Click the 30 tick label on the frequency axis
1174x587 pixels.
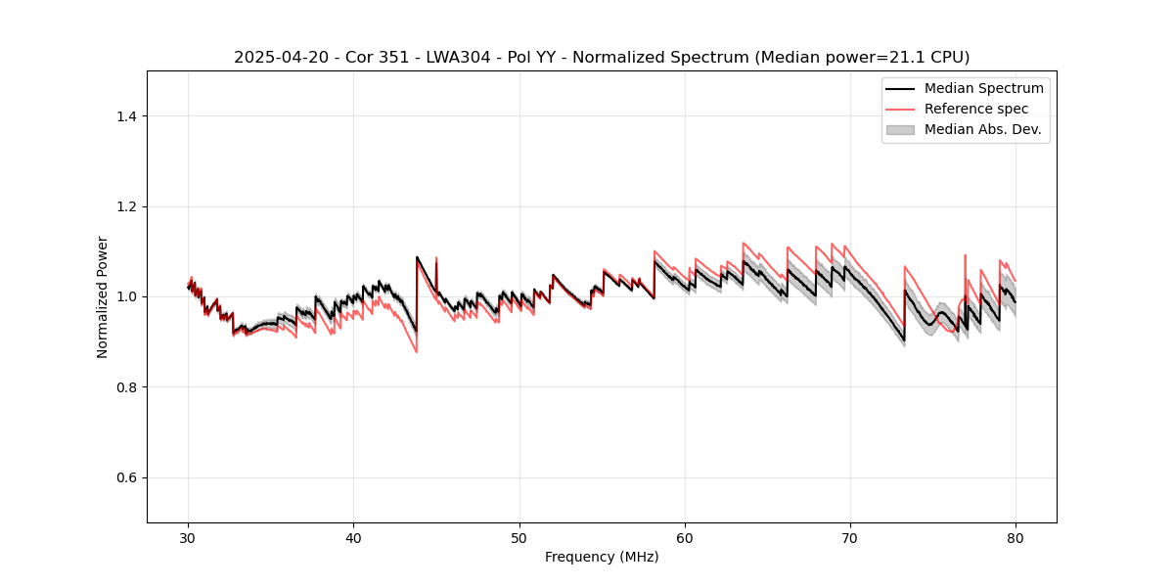(x=189, y=538)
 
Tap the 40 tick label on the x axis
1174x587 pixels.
(x=354, y=538)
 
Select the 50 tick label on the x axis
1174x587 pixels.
(x=519, y=538)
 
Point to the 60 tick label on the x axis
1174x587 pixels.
(x=685, y=538)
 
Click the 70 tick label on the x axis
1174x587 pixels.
(x=850, y=538)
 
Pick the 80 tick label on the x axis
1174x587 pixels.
(x=1016, y=538)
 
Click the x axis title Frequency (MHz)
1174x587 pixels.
(x=602, y=557)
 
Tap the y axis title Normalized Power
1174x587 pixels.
(x=103, y=296)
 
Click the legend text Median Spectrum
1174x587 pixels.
(x=983, y=88)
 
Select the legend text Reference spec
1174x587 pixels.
(x=976, y=109)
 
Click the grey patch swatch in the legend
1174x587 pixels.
(x=900, y=129)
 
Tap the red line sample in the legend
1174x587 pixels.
(x=900, y=109)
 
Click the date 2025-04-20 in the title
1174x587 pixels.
(x=276, y=58)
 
